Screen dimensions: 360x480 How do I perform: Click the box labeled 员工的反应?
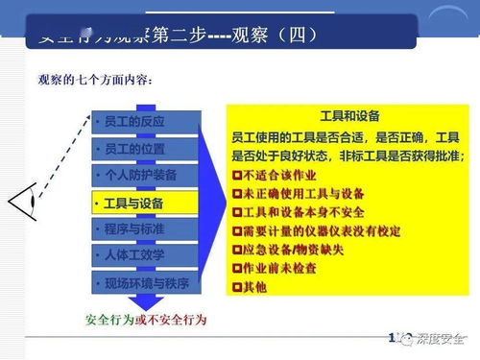tap(147, 122)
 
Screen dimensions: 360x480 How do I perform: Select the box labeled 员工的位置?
tap(147, 149)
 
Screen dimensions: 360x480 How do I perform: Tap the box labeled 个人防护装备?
tap(147, 176)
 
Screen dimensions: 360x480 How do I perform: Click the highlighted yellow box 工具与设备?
tap(147, 204)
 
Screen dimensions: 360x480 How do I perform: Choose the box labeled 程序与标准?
tap(147, 228)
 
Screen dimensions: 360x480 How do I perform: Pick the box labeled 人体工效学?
tap(147, 255)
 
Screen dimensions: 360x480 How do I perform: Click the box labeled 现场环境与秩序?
tap(147, 283)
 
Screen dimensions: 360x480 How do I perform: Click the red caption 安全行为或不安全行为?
tap(146, 318)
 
